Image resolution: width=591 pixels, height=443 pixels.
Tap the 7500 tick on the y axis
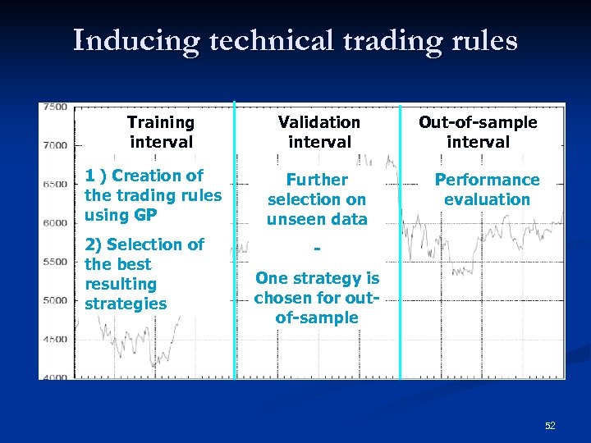coord(55,107)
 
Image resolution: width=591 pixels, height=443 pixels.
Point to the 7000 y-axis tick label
coord(55,145)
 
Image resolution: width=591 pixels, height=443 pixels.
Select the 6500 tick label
coord(55,184)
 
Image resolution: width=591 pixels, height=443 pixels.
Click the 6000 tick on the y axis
coord(55,222)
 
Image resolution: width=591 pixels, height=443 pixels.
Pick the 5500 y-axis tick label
coord(55,261)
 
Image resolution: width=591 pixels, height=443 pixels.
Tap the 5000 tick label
coord(55,300)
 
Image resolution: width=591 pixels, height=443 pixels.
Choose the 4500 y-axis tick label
coord(55,339)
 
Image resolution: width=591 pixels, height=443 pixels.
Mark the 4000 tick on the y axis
coord(55,377)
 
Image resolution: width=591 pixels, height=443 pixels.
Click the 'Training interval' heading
coord(161,132)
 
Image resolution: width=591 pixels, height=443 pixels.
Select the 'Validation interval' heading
coord(318,132)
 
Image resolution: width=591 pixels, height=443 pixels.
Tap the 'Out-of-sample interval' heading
coord(478,132)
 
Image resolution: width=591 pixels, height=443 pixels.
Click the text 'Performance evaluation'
coord(487,190)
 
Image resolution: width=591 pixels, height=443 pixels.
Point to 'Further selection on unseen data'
coord(317,199)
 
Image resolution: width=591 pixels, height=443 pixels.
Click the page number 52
coord(550,426)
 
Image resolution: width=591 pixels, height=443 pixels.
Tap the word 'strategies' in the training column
coord(126,304)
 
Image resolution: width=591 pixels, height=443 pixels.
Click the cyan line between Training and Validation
coord(235,246)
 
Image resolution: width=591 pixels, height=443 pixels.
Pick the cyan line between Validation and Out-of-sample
coord(400,246)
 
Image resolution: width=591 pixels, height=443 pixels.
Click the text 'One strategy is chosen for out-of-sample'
coord(317,299)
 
